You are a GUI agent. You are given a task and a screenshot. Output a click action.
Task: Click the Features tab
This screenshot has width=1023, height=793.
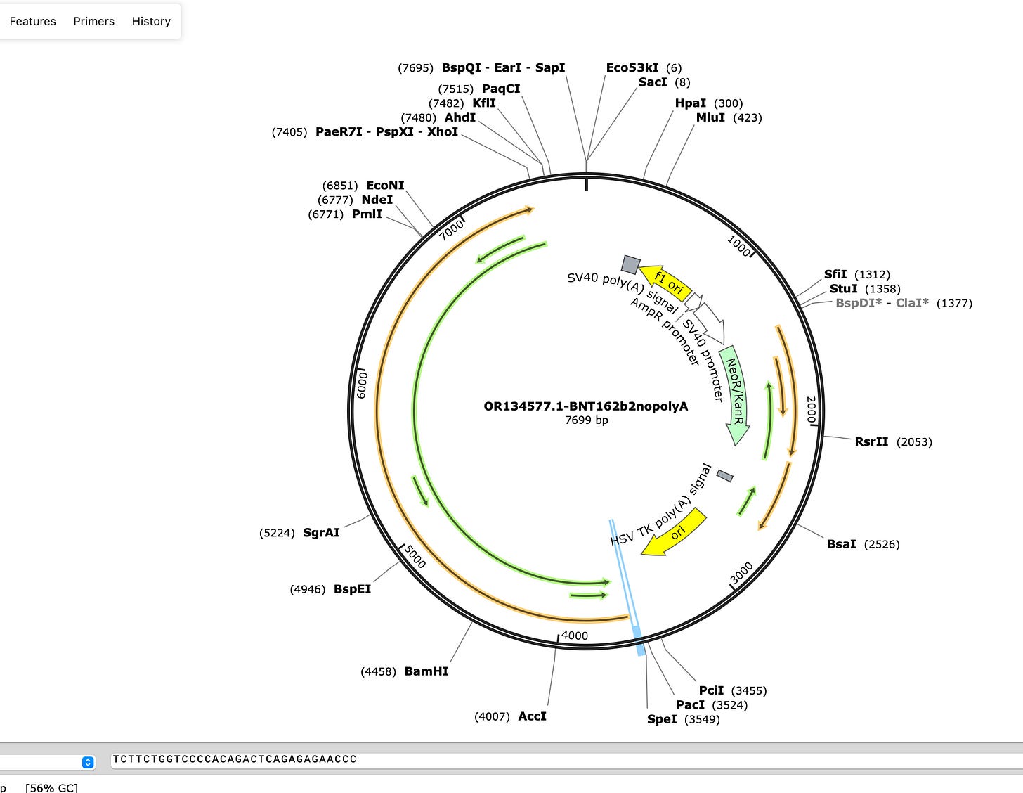click(32, 21)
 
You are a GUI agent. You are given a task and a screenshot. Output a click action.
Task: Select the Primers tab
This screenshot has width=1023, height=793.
click(93, 21)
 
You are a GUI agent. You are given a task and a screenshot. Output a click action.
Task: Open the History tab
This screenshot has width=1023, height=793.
click(151, 21)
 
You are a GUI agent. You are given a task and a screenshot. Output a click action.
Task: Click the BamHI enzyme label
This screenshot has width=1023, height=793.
click(426, 671)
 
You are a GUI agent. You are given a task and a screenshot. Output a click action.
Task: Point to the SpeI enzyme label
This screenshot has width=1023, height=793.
click(662, 719)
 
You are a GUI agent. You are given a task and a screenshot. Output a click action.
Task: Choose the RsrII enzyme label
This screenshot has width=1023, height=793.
click(871, 441)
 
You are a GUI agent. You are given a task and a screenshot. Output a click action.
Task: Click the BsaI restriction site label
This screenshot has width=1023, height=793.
click(842, 544)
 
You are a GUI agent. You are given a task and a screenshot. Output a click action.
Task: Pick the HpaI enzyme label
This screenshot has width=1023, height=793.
click(691, 103)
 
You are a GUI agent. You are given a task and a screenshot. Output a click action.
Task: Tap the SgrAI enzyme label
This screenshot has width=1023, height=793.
click(321, 532)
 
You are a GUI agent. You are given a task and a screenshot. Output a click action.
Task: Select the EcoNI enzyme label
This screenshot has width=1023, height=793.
click(385, 186)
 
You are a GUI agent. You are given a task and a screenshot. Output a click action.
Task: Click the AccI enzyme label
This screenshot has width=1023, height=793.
click(532, 716)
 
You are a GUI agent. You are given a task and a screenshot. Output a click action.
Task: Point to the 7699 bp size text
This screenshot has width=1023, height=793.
click(586, 420)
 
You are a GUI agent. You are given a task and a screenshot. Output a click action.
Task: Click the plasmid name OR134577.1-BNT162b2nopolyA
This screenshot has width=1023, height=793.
click(586, 406)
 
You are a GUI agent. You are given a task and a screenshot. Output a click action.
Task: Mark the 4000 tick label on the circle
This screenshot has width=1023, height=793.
click(575, 636)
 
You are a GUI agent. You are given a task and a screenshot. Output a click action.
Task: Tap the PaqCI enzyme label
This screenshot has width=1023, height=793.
click(501, 89)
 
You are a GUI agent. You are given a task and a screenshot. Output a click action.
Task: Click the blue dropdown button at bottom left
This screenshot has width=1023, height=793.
click(88, 762)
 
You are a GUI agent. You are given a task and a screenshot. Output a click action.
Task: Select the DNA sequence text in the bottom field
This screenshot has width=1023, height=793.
click(235, 759)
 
